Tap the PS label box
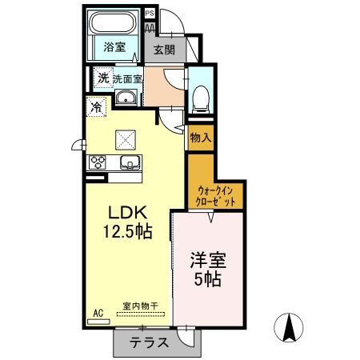[x=150, y=13]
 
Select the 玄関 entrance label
[x=165, y=50]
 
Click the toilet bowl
[x=201, y=98]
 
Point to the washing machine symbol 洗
[x=103, y=78]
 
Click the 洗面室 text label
[x=127, y=79]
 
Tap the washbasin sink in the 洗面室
[x=126, y=97]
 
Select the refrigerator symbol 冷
[x=96, y=106]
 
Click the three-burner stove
[x=98, y=162]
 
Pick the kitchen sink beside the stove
[x=130, y=162]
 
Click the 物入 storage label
[x=201, y=138]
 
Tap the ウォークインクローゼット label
[x=215, y=196]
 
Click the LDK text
[x=127, y=213]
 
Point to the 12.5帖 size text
[x=128, y=231]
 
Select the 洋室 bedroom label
[x=208, y=260]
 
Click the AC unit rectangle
[x=98, y=322]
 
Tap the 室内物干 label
[x=141, y=306]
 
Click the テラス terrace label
[x=150, y=342]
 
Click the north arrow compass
[x=289, y=327]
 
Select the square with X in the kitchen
[x=126, y=140]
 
